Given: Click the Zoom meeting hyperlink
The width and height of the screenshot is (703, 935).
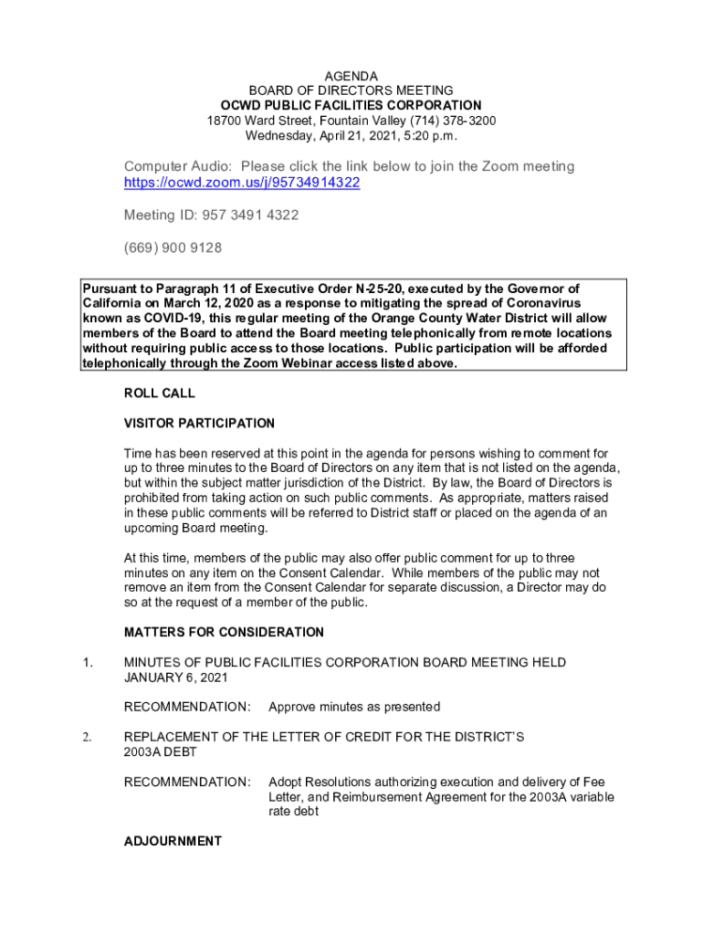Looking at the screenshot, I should [x=242, y=183].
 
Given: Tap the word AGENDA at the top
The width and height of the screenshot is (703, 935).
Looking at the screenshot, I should [x=351, y=76].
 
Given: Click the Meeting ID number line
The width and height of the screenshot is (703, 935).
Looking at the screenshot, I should [x=211, y=215].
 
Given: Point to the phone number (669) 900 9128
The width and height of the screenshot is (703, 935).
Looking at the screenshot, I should [x=173, y=248].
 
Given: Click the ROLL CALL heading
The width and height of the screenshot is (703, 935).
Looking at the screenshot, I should [x=160, y=394].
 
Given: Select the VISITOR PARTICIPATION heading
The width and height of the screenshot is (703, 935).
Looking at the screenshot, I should [x=199, y=424].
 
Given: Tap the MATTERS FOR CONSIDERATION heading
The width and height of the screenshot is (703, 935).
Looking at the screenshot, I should [x=224, y=632].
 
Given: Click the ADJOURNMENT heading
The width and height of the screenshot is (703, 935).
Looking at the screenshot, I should [x=173, y=841].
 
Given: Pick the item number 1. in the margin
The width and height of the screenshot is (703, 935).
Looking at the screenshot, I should [x=87, y=662].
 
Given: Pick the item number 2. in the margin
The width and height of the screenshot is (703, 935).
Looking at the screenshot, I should [x=87, y=736].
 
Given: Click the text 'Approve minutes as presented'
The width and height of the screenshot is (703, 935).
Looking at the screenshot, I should [x=354, y=707].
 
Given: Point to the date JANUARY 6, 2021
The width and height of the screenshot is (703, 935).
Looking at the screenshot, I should [x=175, y=678].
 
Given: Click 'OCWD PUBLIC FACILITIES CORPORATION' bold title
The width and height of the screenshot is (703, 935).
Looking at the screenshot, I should [x=351, y=106].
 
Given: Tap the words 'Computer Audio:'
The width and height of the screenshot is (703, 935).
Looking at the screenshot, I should [x=178, y=166].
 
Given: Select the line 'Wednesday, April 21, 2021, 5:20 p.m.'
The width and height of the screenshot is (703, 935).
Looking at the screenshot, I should [x=351, y=136].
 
